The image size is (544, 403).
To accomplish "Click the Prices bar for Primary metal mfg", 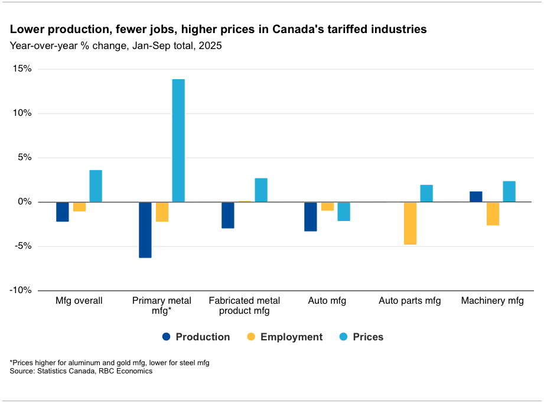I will tap(178, 141).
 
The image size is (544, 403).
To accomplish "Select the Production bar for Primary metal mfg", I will tap(145, 230).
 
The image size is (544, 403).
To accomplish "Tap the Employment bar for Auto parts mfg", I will tap(410, 223).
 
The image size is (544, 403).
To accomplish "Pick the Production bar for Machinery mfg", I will tap(476, 197).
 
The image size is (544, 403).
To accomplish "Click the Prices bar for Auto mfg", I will tap(344, 212).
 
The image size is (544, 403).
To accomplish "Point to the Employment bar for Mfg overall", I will tap(79, 207).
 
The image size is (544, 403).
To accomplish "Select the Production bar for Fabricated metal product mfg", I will tap(228, 215).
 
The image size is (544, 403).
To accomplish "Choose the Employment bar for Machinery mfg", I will tap(493, 214).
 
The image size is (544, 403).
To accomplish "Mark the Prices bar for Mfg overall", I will tap(96, 186).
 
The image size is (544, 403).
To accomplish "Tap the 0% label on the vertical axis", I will tap(26, 202).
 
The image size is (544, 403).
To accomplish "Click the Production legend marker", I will tap(166, 337).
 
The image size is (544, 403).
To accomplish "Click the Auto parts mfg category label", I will tap(410, 301).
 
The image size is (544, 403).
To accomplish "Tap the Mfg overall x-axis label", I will tap(79, 301).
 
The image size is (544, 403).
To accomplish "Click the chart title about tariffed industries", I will tap(218, 29).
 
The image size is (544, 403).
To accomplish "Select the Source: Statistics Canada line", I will tap(81, 371).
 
